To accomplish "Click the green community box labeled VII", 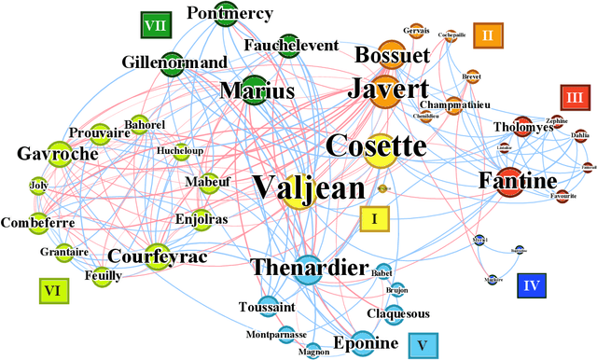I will pyautogui.click(x=156, y=26).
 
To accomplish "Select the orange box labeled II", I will pyautogui.click(x=487, y=35).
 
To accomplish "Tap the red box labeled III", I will pyautogui.click(x=575, y=97).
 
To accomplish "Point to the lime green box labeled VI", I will pyautogui.click(x=53, y=291).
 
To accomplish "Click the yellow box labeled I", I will pyautogui.click(x=374, y=219).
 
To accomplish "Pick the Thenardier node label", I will pyautogui.click(x=310, y=269).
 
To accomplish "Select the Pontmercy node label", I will pyautogui.click(x=229, y=13).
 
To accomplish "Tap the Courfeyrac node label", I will pyautogui.click(x=157, y=255).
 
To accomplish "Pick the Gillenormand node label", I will pyautogui.click(x=174, y=62).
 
